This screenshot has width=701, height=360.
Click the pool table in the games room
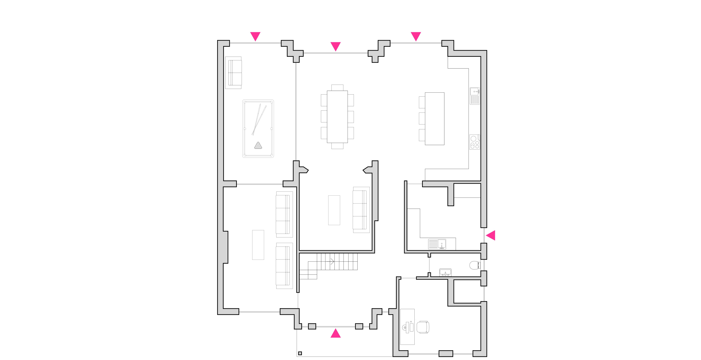pyautogui.click(x=258, y=129)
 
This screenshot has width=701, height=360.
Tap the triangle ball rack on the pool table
pyautogui.click(x=258, y=146)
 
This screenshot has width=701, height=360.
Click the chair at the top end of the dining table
pyautogui.click(x=337, y=87)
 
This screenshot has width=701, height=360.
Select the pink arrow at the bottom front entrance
pyautogui.click(x=336, y=333)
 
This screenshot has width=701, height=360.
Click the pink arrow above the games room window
pyautogui.click(x=255, y=36)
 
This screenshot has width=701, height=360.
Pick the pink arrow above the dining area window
pyautogui.click(x=336, y=46)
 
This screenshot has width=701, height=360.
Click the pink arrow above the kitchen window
pyautogui.click(x=416, y=36)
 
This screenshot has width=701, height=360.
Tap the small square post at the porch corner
pyautogui.click(x=300, y=353)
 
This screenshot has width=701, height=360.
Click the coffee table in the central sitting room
pyautogui.click(x=334, y=210)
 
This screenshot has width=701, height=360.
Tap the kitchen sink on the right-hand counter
pyautogui.click(x=475, y=96)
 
